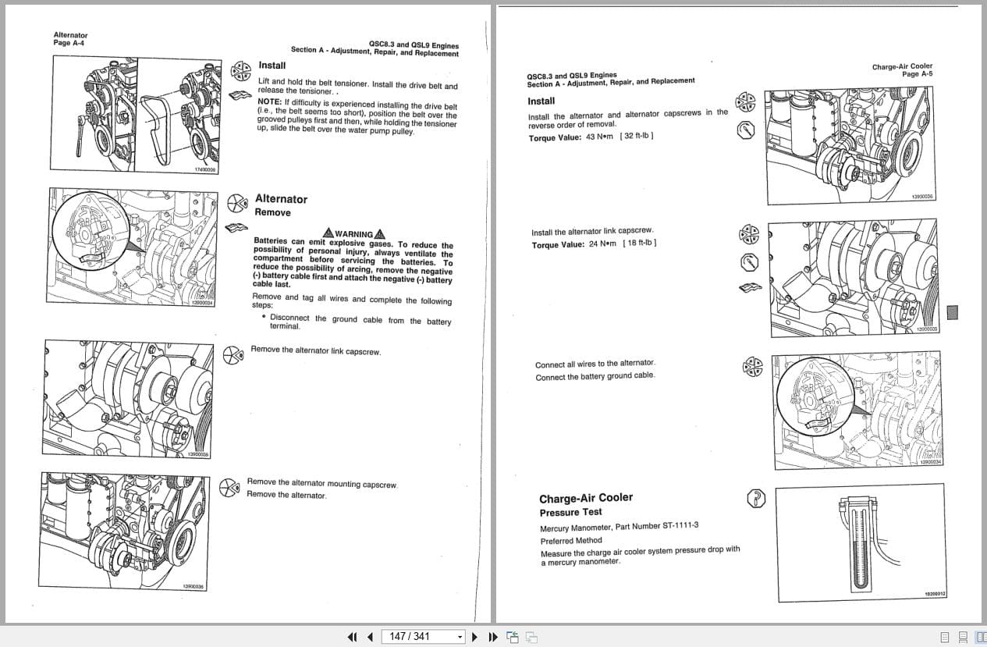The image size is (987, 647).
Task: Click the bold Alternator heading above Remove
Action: (281, 199)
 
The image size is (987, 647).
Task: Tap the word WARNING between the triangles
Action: (353, 234)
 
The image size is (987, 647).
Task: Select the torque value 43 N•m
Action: (599, 137)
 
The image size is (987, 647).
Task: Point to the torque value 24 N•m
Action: (602, 244)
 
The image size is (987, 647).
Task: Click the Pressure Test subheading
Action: (570, 513)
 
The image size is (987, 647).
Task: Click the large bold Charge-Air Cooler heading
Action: (585, 498)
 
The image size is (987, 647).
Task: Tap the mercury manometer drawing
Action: (860, 542)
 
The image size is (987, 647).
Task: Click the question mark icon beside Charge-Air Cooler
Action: (755, 498)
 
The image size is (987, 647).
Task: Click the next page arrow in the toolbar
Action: (475, 637)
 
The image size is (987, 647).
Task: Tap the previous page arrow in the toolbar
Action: (370, 637)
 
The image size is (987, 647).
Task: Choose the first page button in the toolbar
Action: (352, 637)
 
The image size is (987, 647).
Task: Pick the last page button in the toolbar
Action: (493, 637)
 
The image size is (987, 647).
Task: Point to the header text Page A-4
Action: (69, 43)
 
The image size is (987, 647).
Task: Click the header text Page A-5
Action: (917, 74)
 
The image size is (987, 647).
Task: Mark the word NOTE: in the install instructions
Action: (269, 101)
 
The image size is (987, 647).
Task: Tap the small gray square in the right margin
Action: (952, 312)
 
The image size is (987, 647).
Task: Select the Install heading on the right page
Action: (541, 101)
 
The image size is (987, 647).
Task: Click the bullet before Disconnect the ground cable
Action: (264, 317)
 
